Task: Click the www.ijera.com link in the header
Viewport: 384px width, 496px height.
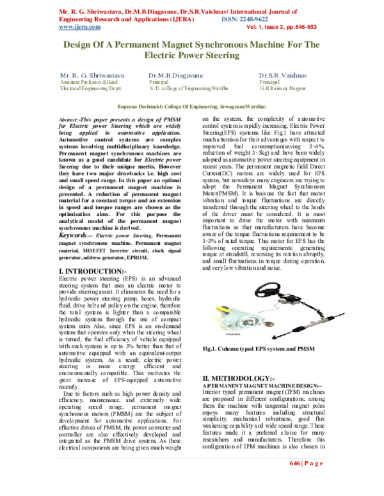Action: point(79,27)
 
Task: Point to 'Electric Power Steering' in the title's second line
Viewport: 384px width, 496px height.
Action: point(191,56)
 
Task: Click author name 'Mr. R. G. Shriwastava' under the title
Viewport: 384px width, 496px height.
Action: point(92,75)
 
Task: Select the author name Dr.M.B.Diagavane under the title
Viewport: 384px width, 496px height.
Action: point(175,75)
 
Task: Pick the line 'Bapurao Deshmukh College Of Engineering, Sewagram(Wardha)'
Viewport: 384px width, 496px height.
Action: point(192,107)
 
